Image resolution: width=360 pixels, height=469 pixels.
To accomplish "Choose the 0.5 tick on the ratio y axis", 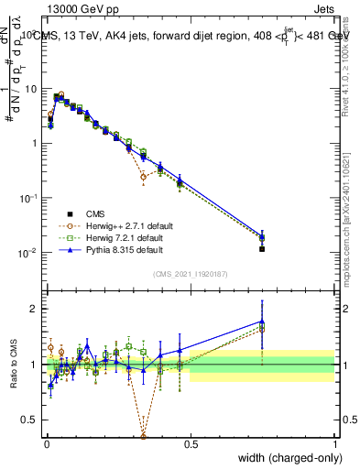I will (x=31, y=420).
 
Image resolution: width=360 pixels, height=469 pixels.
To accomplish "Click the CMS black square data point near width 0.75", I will (x=262, y=248).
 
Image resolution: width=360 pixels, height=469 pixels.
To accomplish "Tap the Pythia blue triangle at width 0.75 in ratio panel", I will (x=262, y=322).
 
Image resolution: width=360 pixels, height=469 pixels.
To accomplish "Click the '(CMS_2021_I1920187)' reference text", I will (x=191, y=274).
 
